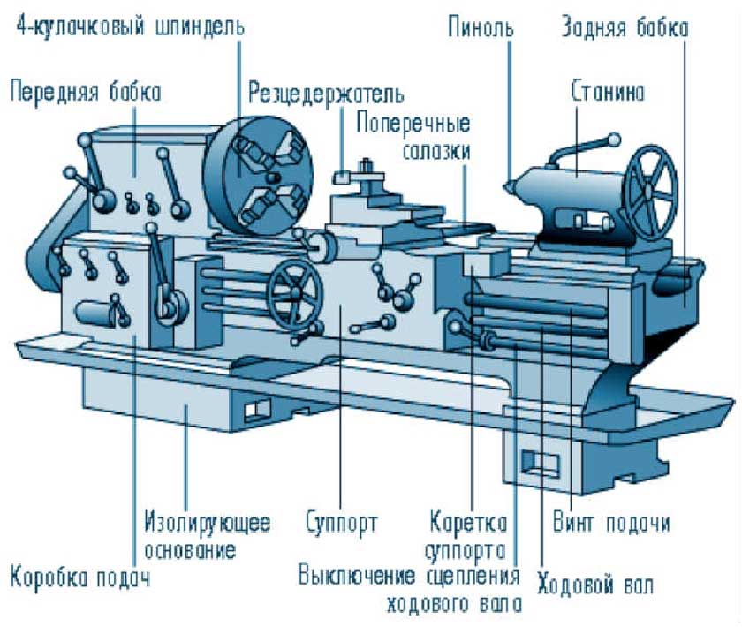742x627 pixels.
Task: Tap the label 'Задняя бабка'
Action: pos(625,27)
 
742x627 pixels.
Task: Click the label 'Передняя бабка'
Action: pos(86,90)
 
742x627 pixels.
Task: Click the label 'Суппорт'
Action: pos(341,521)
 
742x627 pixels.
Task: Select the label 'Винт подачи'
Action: pos(610,521)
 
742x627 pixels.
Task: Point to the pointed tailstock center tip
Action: pos(507,186)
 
